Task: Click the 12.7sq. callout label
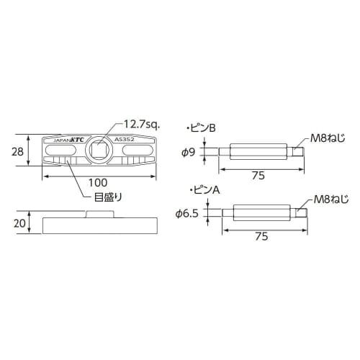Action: (x=143, y=124)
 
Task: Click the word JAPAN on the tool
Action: (x=56, y=142)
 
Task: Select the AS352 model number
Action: (x=127, y=141)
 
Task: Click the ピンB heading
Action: (x=202, y=127)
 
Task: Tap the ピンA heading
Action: (x=202, y=189)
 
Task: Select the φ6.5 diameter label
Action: (x=188, y=213)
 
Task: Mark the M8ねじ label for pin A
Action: (x=330, y=199)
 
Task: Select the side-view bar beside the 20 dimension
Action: (x=101, y=223)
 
